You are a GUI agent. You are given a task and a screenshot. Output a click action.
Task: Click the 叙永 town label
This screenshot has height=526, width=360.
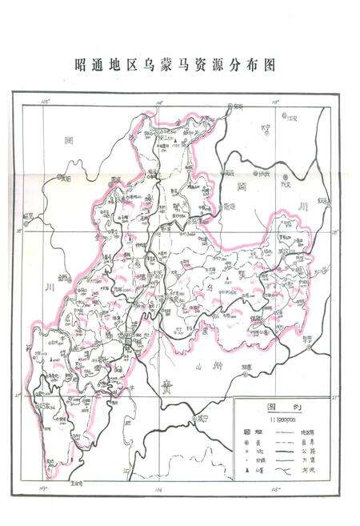[323, 200]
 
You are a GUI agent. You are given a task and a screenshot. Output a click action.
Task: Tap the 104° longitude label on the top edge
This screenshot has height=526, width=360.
[160, 102]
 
